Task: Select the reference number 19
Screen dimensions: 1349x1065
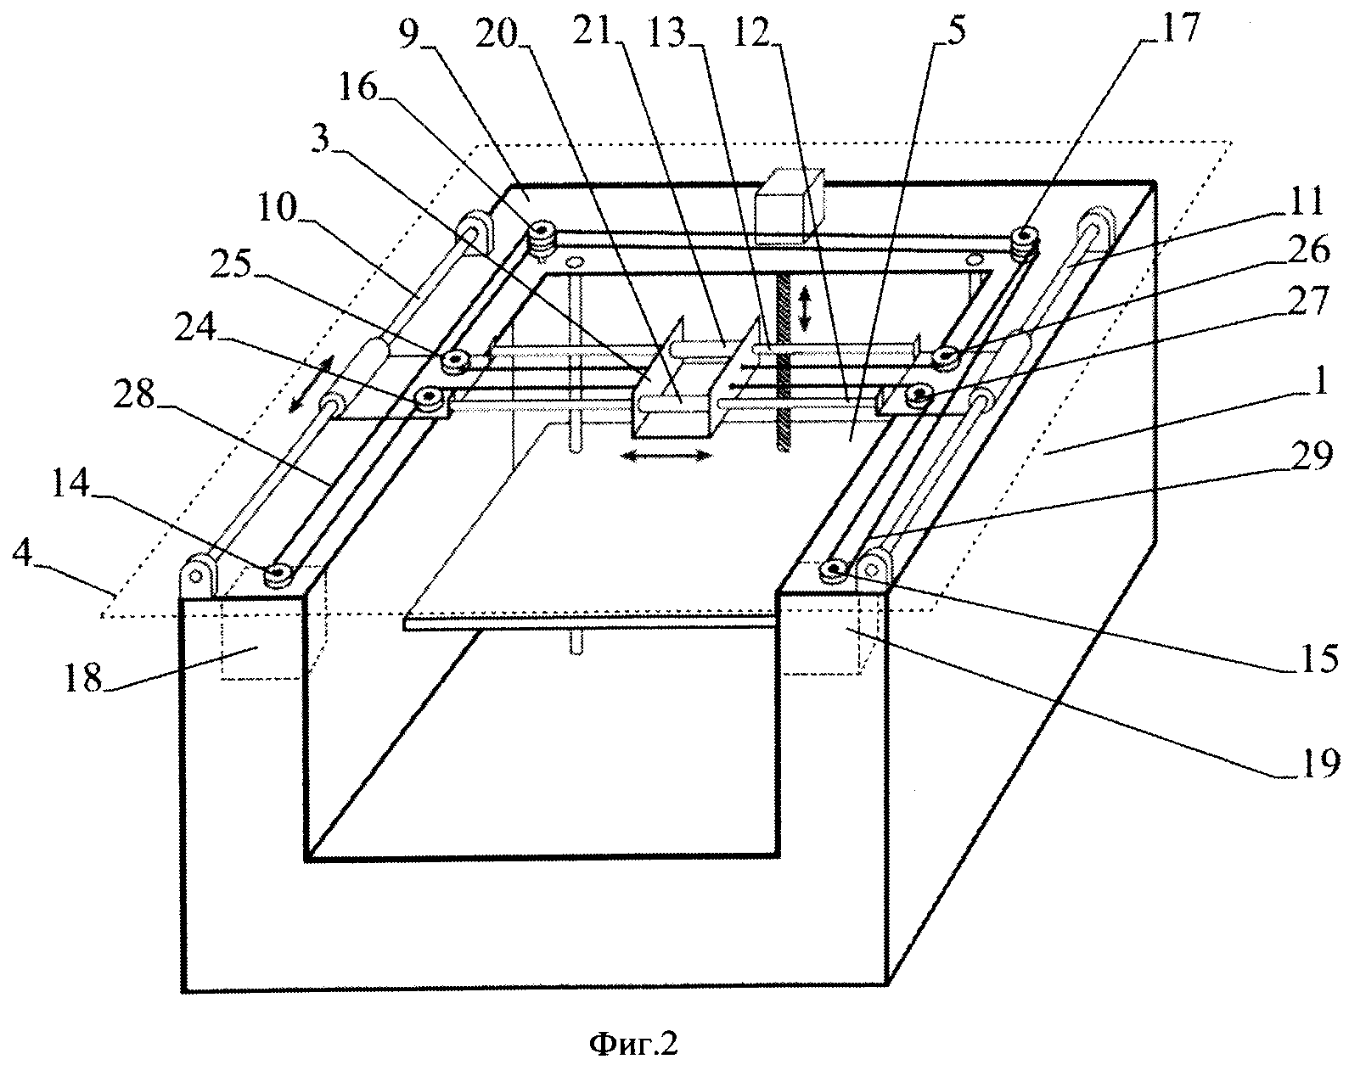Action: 1318,763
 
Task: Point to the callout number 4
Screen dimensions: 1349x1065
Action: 23,554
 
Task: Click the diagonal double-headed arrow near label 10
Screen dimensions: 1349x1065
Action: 312,384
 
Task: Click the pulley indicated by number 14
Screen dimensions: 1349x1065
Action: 278,575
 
